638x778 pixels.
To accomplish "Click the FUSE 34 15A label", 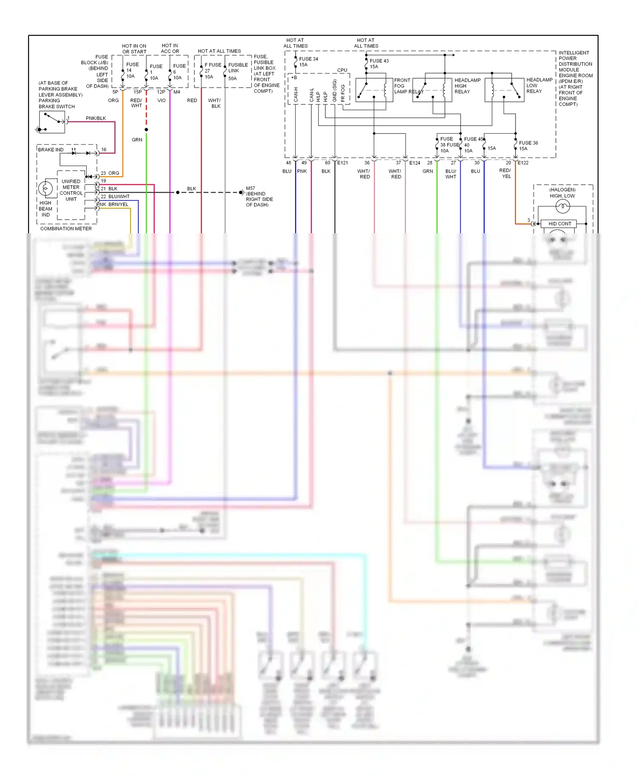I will point(308,62).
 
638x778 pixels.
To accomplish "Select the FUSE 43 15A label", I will point(379,63).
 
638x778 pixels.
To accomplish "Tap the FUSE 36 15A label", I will point(528,146).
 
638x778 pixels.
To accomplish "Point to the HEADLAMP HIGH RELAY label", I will point(467,86).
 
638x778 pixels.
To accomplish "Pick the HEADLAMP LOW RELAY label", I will point(539,86).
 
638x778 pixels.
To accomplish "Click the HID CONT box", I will point(559,224).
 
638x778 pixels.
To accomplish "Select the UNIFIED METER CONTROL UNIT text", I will point(71,190).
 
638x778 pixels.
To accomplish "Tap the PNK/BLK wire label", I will point(96,118).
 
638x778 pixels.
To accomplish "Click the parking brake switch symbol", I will point(52,122).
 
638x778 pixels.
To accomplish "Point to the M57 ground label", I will point(259,196).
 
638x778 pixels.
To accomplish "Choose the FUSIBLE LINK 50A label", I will point(237,71).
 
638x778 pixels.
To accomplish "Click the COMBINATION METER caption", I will point(66,229).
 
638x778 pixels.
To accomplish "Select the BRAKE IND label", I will point(51,150).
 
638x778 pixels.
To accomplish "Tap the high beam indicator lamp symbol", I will point(46,189).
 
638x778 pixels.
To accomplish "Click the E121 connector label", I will point(342,163).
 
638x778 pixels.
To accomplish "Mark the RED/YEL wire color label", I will point(505,173).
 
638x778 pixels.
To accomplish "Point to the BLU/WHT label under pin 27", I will point(450,174).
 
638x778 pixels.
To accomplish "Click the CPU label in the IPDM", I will point(342,70).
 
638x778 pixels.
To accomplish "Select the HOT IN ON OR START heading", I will point(134,49).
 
